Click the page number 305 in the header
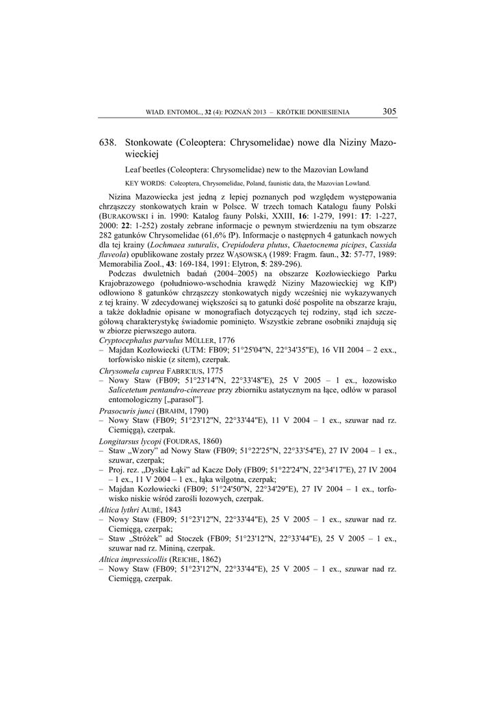(389, 112)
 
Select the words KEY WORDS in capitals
(146, 183)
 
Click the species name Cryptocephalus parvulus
(141, 340)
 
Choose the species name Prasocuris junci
(126, 411)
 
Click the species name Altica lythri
(118, 510)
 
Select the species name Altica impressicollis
(131, 559)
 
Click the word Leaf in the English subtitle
(133, 170)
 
